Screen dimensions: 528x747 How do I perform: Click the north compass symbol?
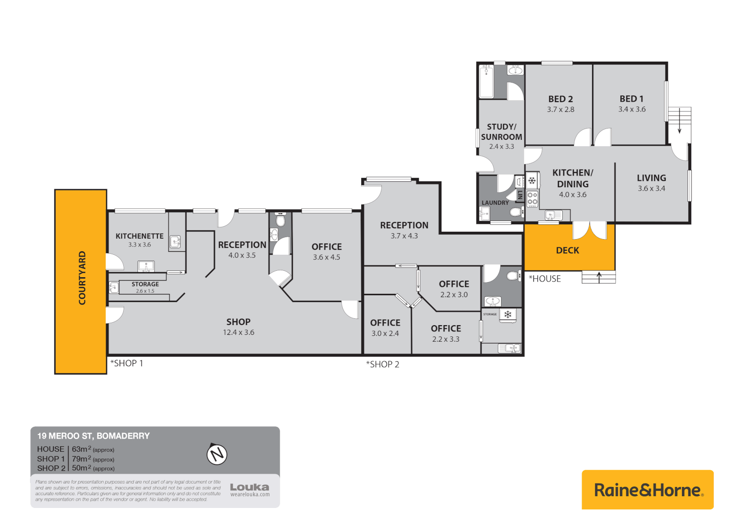[x=217, y=454]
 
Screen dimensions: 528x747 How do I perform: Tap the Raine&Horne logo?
[x=648, y=490]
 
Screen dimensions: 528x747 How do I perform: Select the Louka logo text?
[x=249, y=487]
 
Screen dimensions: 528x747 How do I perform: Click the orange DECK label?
[x=567, y=250]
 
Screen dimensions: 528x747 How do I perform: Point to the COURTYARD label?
[x=82, y=278]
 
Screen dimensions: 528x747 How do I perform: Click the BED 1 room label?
[x=632, y=99]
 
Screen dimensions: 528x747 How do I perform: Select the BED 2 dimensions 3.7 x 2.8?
[x=560, y=110]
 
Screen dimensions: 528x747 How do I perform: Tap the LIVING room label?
[x=651, y=178]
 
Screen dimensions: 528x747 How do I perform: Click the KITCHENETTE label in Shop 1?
[x=139, y=236]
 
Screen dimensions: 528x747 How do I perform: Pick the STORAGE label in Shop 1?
[x=145, y=284]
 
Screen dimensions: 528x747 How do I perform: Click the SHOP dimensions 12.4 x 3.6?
[x=239, y=332]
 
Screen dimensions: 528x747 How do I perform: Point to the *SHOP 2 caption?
[x=383, y=364]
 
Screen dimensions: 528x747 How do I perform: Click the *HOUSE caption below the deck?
[x=545, y=279]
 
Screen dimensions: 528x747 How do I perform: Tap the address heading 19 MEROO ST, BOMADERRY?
[x=93, y=436]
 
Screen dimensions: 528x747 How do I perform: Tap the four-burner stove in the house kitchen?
[x=532, y=198]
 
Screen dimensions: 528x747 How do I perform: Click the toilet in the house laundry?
[x=515, y=212]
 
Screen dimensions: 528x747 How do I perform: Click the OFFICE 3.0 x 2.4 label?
[x=385, y=323]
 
